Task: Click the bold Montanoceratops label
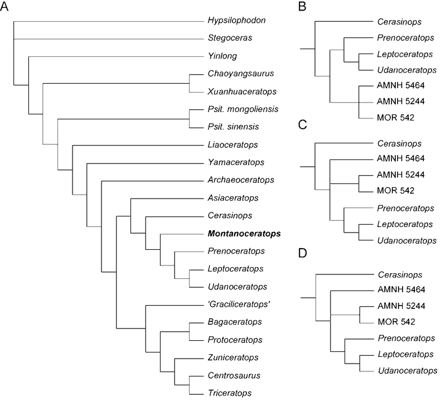coord(244,233)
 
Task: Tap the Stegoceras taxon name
coord(226,38)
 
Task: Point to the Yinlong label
coord(221,56)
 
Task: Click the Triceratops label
coord(226,393)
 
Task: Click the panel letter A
coord(7,8)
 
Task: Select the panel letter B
coord(303,8)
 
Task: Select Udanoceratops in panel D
coord(407,370)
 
